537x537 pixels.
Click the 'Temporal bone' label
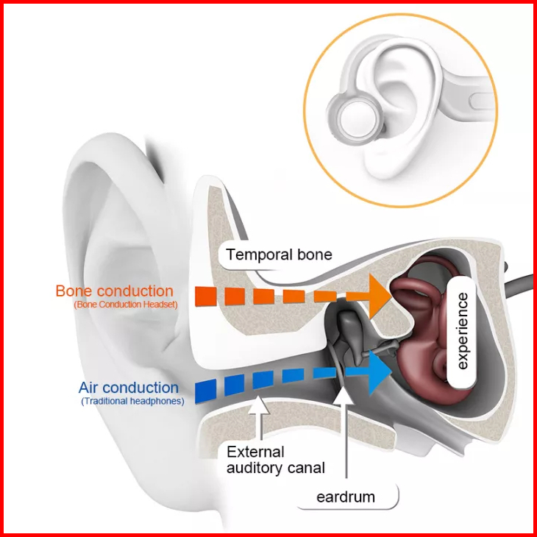pos(280,255)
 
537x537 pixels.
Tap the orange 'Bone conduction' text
pos(114,291)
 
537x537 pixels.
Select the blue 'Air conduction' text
pos(129,388)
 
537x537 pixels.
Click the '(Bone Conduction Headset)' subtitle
pos(125,305)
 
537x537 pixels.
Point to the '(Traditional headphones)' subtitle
pos(132,401)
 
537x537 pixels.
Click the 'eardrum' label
pos(346,497)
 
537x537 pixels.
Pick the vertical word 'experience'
pos(463,331)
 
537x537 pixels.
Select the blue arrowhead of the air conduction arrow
pos(378,372)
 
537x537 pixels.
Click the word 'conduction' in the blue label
pos(147,388)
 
